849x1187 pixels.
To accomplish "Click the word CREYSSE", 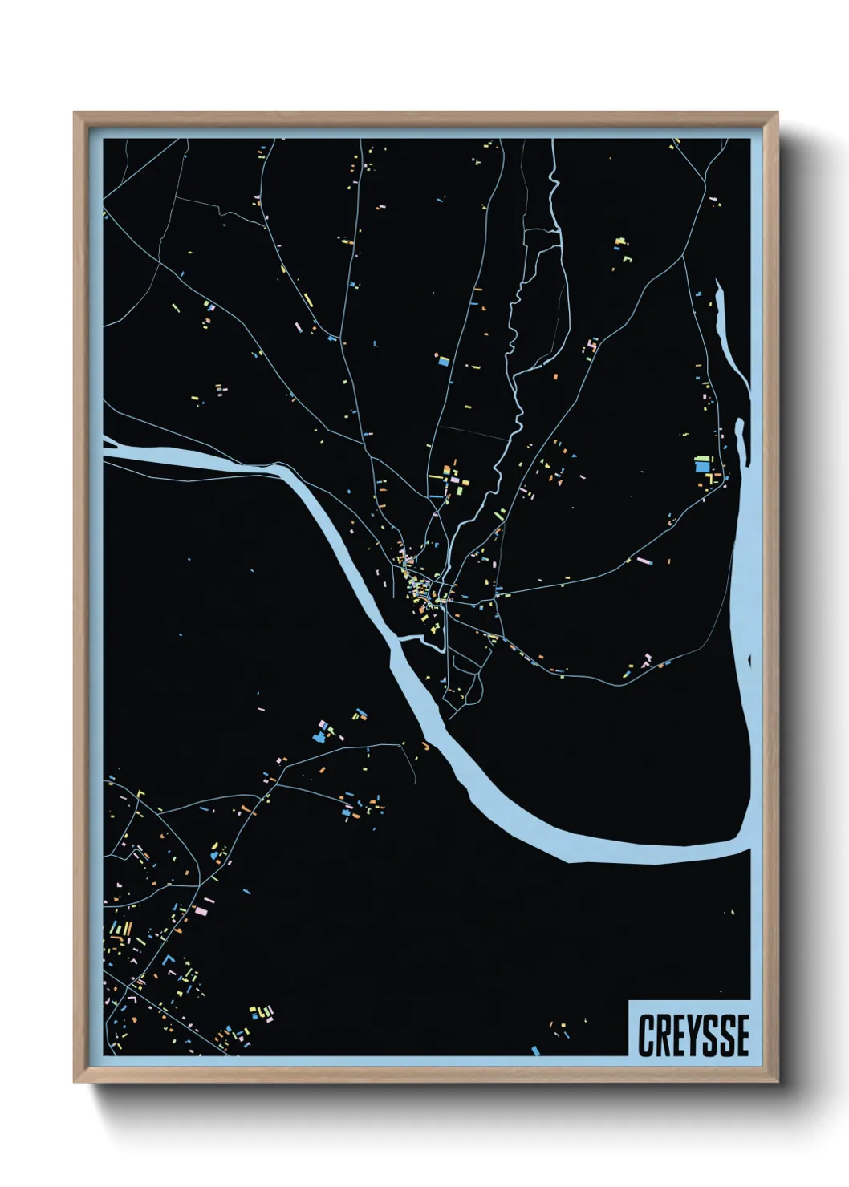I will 694,1035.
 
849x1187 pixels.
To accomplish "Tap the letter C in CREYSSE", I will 647,1035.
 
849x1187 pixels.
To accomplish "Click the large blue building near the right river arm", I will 702,465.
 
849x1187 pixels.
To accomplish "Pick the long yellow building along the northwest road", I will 308,301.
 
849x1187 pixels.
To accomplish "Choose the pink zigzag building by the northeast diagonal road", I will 592,345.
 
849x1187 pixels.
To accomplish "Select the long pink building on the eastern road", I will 644,560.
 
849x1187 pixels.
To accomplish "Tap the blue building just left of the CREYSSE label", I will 535,1050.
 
